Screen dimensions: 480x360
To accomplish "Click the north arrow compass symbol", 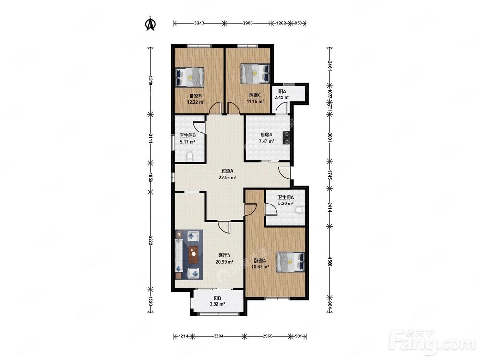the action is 150,24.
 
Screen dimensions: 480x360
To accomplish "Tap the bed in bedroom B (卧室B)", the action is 190,77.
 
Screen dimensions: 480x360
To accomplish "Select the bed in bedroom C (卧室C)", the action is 255,73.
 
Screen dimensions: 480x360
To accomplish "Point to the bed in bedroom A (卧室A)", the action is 290,262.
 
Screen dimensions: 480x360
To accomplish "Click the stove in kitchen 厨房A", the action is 287,137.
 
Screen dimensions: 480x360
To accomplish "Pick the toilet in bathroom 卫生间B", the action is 190,157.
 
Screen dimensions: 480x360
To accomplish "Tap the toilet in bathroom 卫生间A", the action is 300,210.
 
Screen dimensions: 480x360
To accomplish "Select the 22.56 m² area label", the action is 227,177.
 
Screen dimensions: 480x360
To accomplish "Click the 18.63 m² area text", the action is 260,266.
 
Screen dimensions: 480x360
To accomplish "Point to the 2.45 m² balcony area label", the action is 282,97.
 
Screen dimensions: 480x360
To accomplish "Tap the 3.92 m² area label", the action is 217,304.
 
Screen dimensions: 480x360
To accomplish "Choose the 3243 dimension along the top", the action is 199,23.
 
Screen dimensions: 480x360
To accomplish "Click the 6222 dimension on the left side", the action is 150,240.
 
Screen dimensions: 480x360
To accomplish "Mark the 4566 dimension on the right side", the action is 329,262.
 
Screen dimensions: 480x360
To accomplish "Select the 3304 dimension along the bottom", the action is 218,336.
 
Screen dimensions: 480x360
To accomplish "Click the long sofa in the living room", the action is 179,255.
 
